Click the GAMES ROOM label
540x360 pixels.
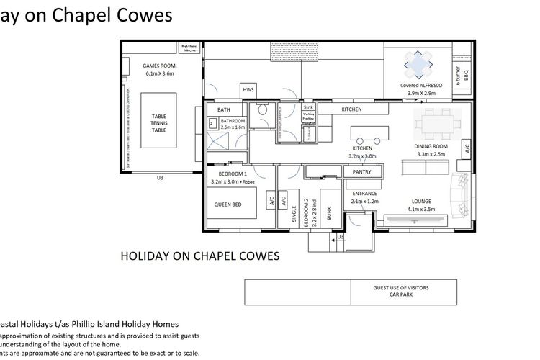tap(161, 69)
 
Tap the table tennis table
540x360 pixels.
tap(158, 122)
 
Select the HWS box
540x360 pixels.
tap(248, 89)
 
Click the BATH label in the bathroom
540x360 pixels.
tap(224, 109)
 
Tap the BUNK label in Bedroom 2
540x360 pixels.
tap(330, 213)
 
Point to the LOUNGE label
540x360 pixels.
tap(420, 202)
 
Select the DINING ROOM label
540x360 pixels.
tap(431, 146)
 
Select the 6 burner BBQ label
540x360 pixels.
tap(459, 76)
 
